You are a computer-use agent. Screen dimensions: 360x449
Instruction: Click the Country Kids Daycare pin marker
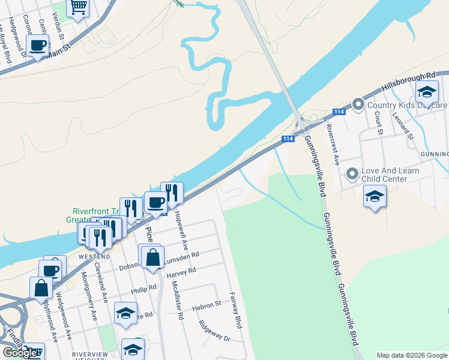(358, 105)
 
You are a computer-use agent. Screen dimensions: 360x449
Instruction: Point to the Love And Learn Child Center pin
(352, 175)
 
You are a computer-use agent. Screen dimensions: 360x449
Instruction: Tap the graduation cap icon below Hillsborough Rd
(427, 92)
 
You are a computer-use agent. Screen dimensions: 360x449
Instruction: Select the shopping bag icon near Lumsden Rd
(153, 257)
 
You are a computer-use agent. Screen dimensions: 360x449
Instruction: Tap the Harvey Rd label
(183, 272)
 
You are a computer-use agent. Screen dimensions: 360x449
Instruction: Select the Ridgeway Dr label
(214, 331)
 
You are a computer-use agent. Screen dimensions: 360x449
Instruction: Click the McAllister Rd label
(177, 300)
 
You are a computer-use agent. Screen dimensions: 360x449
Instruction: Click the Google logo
(20, 352)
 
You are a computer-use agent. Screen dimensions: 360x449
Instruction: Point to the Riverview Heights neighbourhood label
(90, 355)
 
